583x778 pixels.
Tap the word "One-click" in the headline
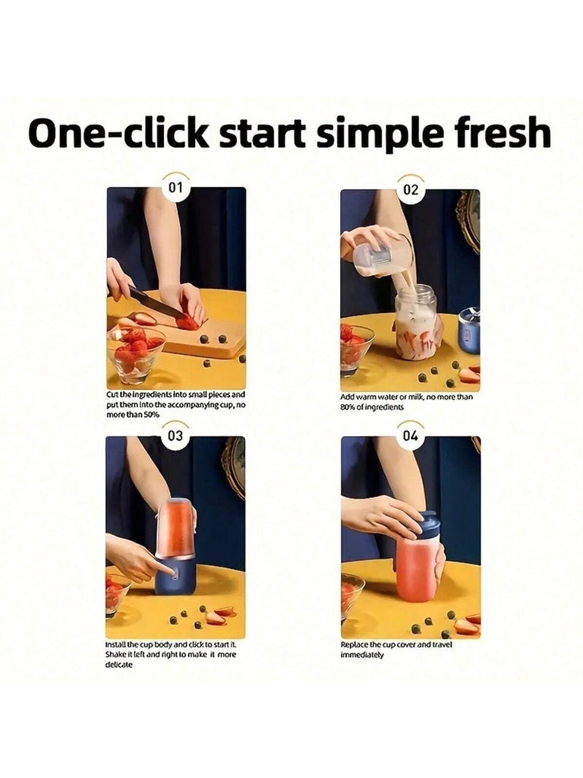119,133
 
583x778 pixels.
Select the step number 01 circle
175,188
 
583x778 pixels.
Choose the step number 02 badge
411,190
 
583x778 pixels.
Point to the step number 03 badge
175,436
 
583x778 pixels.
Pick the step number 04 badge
411,436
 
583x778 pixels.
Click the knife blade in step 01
158,304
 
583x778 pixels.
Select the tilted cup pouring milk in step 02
383,253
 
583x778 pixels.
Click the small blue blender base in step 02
468,330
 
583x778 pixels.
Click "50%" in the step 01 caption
152,415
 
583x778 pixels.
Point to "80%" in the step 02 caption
348,407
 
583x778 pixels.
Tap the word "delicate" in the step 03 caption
119,664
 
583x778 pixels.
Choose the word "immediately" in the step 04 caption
362,655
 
